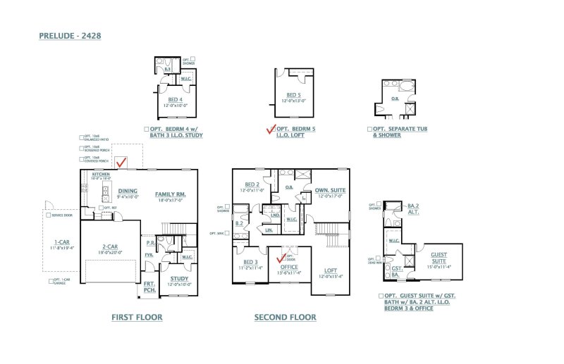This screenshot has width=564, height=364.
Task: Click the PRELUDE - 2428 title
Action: click(73, 34)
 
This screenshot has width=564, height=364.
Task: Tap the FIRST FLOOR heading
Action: click(137, 318)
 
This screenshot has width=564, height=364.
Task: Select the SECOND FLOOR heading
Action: click(285, 318)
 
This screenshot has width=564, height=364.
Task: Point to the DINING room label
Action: click(128, 191)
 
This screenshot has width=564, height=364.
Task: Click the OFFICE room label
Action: click(290, 267)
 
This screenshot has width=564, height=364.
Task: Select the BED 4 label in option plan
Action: click(175, 99)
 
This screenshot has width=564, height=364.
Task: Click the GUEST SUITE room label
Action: click(439, 258)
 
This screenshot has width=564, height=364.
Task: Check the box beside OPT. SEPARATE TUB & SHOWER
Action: click(369, 130)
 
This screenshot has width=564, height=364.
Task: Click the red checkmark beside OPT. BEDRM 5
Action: click(270, 129)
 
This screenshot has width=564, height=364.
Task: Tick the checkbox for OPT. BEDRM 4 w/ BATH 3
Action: click(146, 130)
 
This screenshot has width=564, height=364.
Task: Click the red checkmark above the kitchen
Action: click(122, 163)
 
